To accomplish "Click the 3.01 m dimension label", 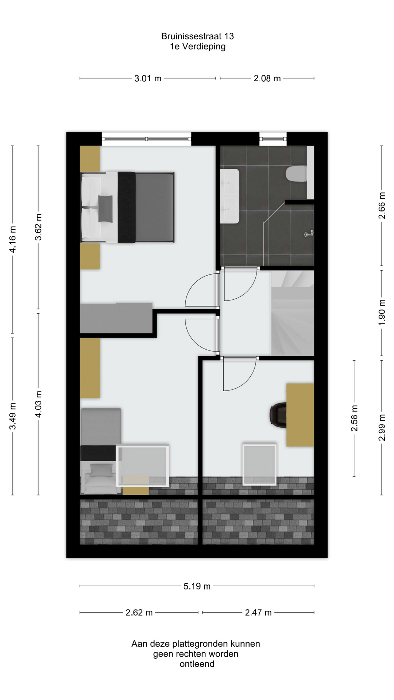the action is click(148, 78).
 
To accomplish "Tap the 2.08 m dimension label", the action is click(267, 78).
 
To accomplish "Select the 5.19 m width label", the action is click(197, 586).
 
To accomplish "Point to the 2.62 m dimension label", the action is click(139, 612).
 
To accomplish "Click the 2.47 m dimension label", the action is click(258, 612).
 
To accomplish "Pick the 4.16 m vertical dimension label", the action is click(12, 239).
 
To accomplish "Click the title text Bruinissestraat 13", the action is click(197, 36).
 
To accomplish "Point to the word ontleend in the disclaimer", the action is click(197, 664).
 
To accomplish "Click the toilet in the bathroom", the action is click(297, 173).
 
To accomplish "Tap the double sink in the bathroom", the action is click(229, 196).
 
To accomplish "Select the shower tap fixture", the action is click(309, 234).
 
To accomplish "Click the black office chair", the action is click(278, 415).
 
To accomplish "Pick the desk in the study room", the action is click(300, 415).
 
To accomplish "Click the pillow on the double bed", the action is click(105, 209).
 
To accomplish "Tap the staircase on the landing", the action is click(292, 313).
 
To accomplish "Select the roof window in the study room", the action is click(259, 464).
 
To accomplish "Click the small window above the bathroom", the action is click(273, 139).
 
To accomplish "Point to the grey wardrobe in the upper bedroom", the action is click(116, 318).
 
